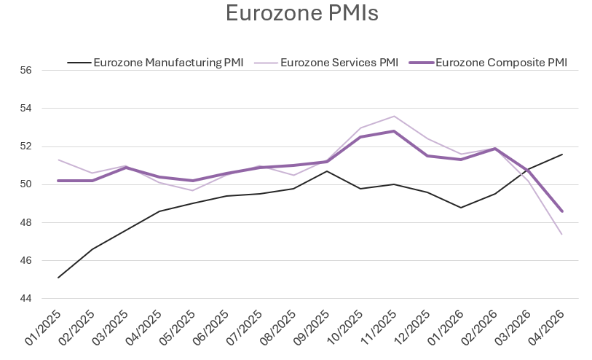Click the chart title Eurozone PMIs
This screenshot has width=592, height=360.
point(301,14)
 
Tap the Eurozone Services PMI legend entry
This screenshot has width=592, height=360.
point(339,62)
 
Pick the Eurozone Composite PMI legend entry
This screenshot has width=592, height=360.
point(500,62)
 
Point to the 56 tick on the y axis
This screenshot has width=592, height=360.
point(27,71)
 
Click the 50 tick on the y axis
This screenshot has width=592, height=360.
point(27,184)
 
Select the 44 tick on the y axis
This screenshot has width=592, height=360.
point(27,299)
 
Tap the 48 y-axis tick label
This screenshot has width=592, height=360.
point(27,222)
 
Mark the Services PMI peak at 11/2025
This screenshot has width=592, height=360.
point(394,117)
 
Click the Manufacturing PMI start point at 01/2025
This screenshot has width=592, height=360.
point(58,278)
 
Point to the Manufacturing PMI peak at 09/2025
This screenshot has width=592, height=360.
point(327,171)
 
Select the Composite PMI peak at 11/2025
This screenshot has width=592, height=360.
point(394,131)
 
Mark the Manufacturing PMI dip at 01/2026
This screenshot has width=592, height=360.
point(461,207)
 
